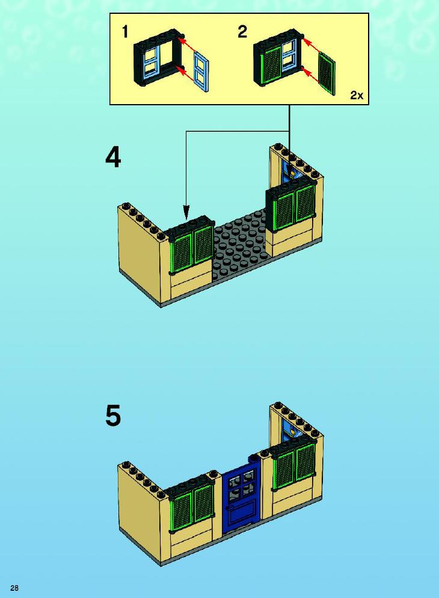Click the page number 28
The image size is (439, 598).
(14, 588)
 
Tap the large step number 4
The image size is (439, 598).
(113, 158)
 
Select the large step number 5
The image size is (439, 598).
(113, 416)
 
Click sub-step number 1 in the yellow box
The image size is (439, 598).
(125, 32)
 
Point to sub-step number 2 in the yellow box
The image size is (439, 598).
(242, 32)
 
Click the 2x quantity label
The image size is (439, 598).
(357, 95)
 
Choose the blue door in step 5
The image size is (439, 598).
(241, 495)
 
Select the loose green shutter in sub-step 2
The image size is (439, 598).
(327, 73)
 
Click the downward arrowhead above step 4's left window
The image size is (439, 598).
(186, 212)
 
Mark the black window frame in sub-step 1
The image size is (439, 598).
(159, 57)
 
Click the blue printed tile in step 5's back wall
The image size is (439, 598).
(293, 431)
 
